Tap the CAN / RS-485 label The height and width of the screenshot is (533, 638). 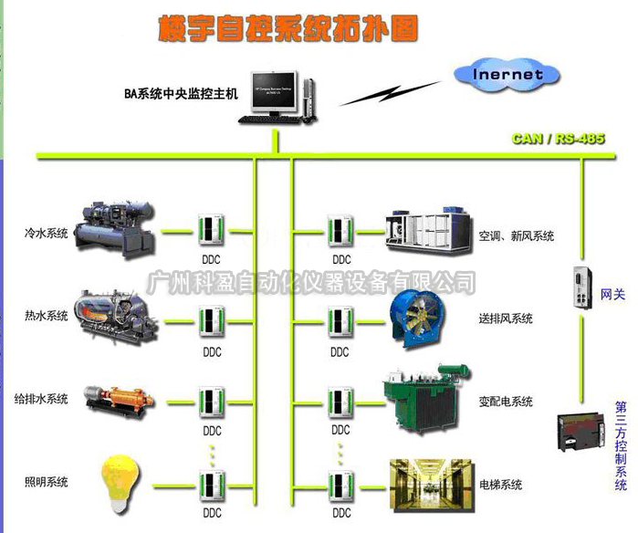coord(558,140)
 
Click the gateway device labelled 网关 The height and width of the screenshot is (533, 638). coord(581,288)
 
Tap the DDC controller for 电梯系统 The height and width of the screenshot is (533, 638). coord(340,485)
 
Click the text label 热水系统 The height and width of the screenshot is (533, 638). coord(47,316)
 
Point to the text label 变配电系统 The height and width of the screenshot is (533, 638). coord(505,402)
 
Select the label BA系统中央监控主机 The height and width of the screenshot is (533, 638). coord(181,93)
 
